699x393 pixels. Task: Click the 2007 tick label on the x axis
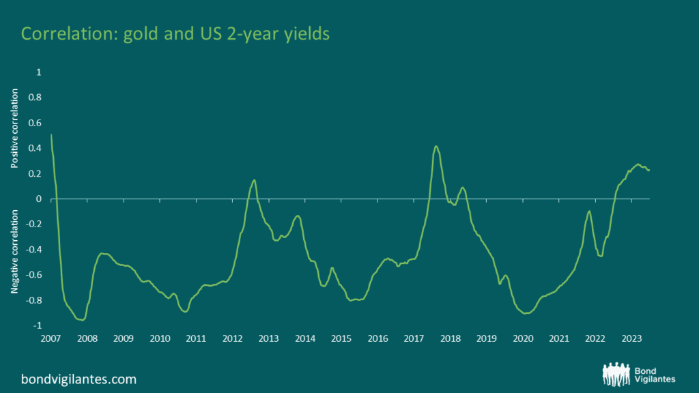pyautogui.click(x=51, y=338)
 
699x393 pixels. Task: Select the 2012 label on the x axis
pyautogui.click(x=232, y=338)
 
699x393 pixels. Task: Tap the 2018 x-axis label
pyautogui.click(x=450, y=338)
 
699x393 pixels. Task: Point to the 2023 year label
pyautogui.click(x=631, y=338)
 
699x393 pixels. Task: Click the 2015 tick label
pyautogui.click(x=341, y=338)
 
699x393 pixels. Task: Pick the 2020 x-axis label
pyautogui.click(x=523, y=338)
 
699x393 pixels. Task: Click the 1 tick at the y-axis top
pyautogui.click(x=39, y=72)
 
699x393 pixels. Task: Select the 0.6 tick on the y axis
pyautogui.click(x=35, y=123)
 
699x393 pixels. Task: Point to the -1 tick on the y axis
pyautogui.click(x=37, y=325)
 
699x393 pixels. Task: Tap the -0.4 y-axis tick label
pyautogui.click(x=33, y=250)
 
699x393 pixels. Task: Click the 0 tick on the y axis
pyautogui.click(x=39, y=199)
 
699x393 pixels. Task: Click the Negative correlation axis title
pyautogui.click(x=15, y=252)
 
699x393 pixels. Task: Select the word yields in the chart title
pyautogui.click(x=306, y=34)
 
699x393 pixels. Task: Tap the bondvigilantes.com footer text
pyautogui.click(x=79, y=379)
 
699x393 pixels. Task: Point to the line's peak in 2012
pyautogui.click(x=255, y=180)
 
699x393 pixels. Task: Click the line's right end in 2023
pyautogui.click(x=649, y=170)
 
